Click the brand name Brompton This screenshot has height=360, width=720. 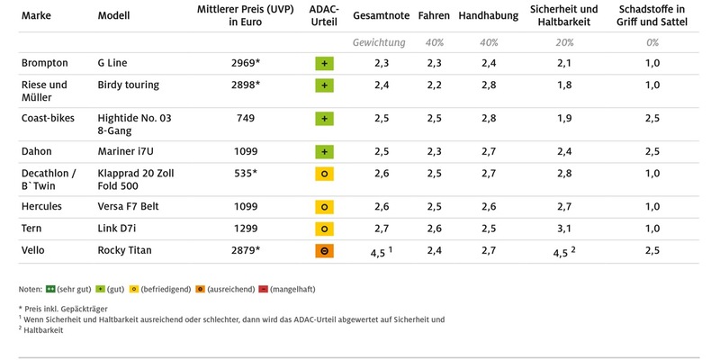pyautogui.click(x=46, y=63)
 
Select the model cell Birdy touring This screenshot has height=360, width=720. pyautogui.click(x=128, y=85)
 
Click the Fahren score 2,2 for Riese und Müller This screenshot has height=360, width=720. pyautogui.click(x=434, y=85)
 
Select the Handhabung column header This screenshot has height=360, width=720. pyautogui.click(x=487, y=16)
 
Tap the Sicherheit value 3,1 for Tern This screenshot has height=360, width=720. pyautogui.click(x=562, y=229)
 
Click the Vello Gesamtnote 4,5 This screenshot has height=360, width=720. pyautogui.click(x=380, y=252)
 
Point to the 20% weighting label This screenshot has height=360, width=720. pyautogui.click(x=562, y=42)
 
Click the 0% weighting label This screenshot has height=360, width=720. pyautogui.click(x=652, y=42)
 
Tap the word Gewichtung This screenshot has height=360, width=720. pyautogui.click(x=379, y=42)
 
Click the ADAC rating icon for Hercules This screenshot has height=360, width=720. pyautogui.click(x=324, y=206)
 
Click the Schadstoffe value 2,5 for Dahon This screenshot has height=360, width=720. pyautogui.click(x=652, y=152)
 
